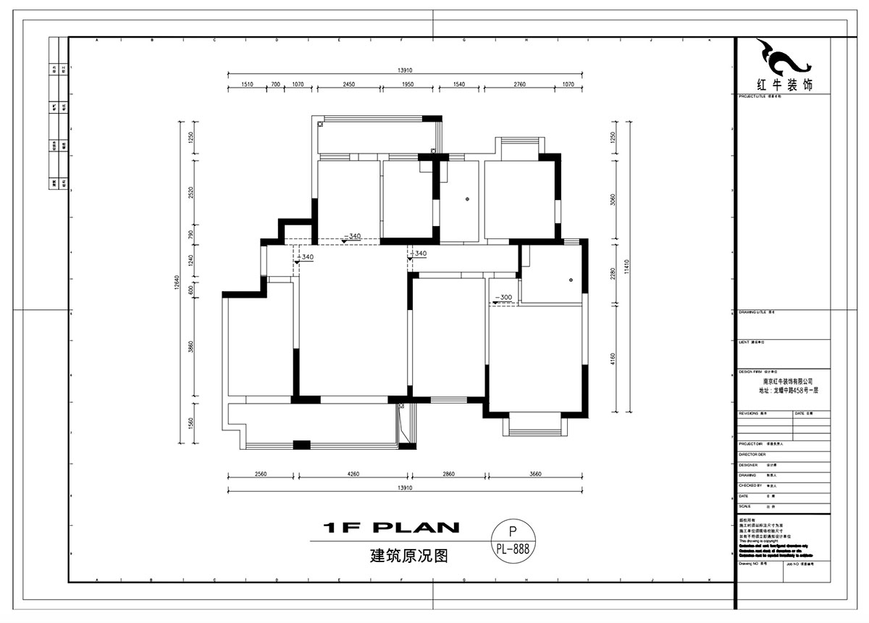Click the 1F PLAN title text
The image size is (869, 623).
coord(392,528)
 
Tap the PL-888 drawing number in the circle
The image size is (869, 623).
coord(513,549)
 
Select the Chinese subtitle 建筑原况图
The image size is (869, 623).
coord(409,556)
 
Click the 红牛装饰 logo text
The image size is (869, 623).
coord(784,84)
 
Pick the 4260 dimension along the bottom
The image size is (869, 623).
coord(353,474)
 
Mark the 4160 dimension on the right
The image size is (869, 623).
coord(613,359)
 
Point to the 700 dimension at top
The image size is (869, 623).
coord(275,85)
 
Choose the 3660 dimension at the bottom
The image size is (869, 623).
coord(535,474)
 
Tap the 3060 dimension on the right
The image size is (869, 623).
coord(613,200)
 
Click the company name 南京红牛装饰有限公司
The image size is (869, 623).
coord(788,380)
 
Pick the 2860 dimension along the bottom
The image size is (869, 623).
coord(448,474)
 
